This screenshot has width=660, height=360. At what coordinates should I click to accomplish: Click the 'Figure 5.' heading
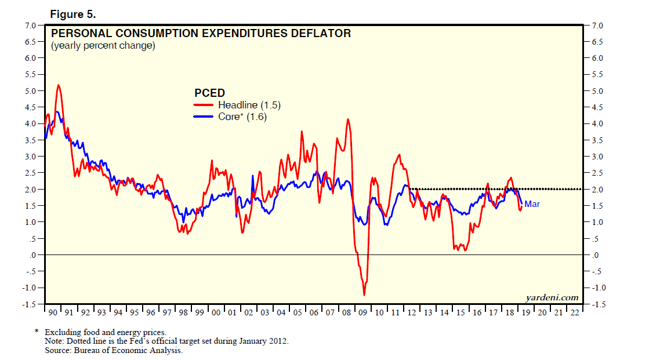[72, 13]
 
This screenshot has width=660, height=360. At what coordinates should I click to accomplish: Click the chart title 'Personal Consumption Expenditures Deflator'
[201, 34]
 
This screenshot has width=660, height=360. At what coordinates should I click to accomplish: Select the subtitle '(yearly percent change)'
[103, 46]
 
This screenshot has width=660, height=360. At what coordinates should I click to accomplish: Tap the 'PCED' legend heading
[209, 93]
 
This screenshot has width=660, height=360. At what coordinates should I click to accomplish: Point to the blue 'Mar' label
[532, 204]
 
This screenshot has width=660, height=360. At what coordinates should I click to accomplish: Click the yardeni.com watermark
[552, 298]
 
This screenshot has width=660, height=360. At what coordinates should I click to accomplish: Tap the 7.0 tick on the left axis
[30, 26]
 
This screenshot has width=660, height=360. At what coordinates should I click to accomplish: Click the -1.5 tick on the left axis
[28, 304]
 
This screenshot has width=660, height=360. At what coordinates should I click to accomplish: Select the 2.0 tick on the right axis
[597, 190]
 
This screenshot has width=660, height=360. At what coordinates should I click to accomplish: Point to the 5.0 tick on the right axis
[597, 91]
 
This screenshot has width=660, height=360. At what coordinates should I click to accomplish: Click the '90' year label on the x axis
[53, 313]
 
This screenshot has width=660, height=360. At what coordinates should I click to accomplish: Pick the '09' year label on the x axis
[363, 313]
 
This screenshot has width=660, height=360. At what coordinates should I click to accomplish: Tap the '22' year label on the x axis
[575, 313]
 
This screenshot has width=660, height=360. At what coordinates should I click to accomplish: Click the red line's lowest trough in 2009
[364, 295]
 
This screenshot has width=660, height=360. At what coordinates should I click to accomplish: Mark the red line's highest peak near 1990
[58, 85]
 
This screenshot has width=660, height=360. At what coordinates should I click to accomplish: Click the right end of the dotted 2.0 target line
[581, 189]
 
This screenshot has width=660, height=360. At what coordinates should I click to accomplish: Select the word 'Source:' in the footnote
[59, 350]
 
